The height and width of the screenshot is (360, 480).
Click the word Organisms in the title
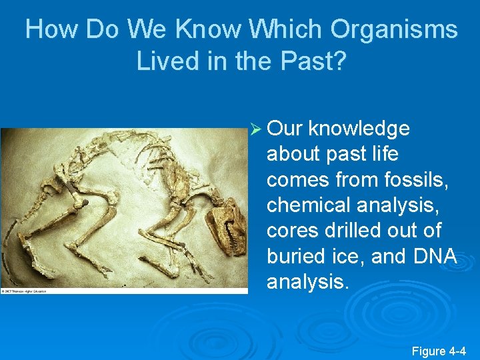pos(393,30)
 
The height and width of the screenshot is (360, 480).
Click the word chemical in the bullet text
pos(307,205)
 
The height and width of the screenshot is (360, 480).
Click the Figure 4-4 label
pos(439,350)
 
